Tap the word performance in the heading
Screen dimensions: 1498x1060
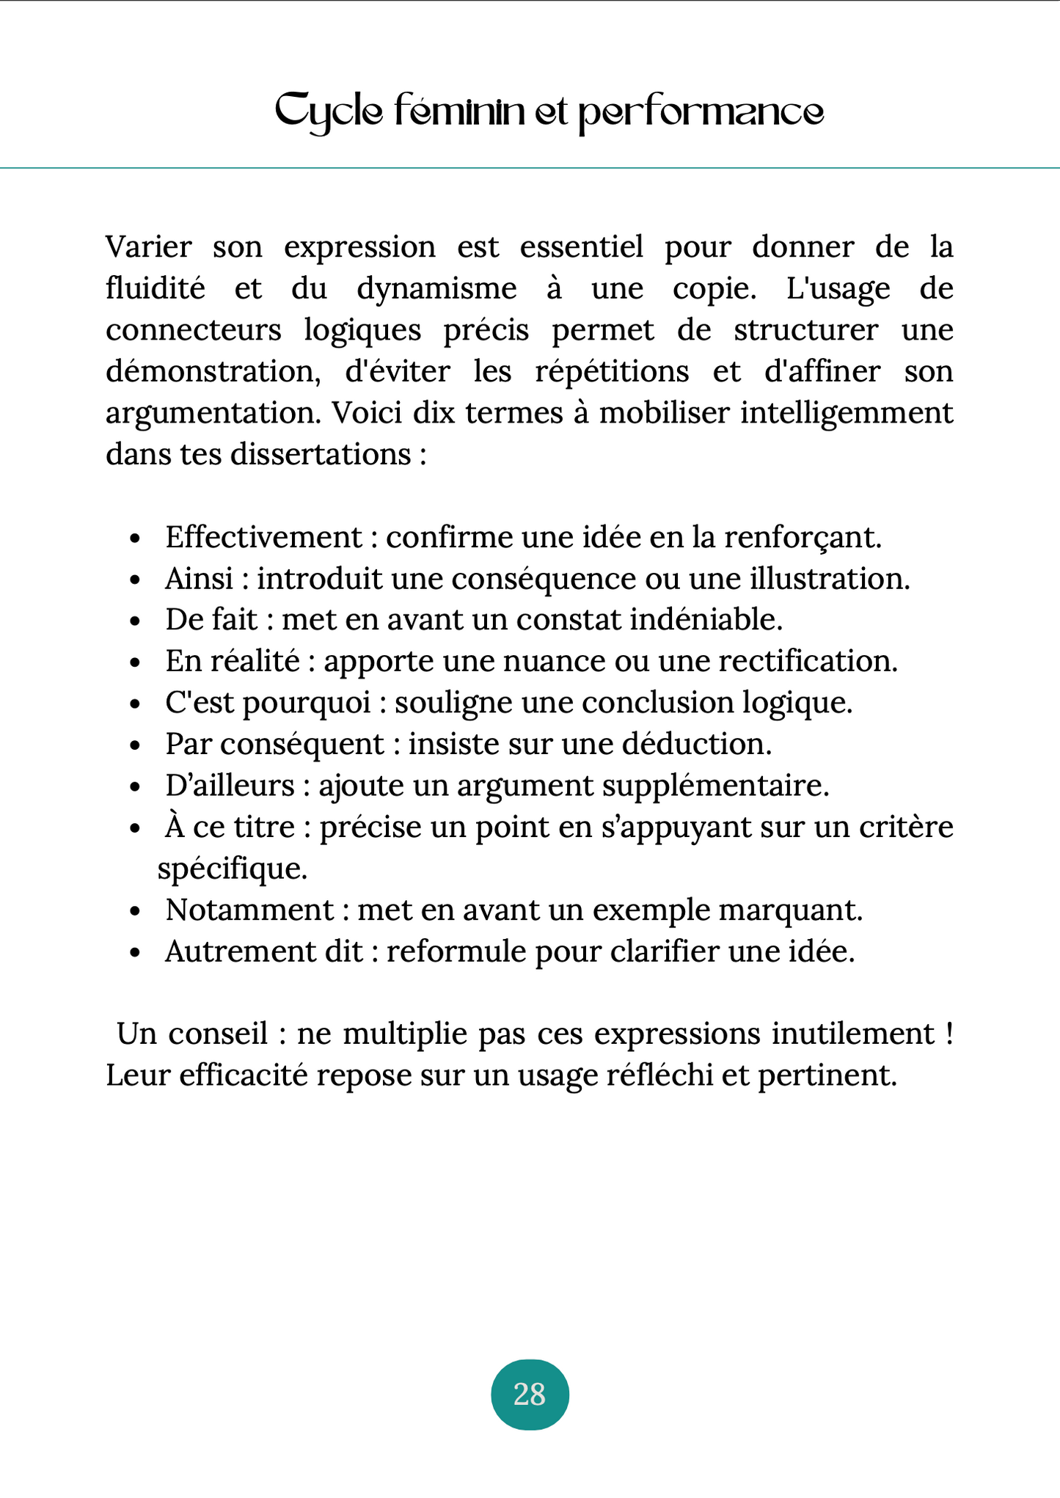[x=701, y=112]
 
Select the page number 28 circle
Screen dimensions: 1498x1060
[x=530, y=1395]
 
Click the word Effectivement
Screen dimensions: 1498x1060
[x=263, y=537]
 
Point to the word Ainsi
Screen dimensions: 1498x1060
[x=199, y=579]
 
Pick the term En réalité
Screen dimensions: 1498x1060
[x=233, y=661]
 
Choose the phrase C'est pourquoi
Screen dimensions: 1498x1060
[x=268, y=703]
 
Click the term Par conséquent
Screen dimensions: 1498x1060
[x=274, y=744]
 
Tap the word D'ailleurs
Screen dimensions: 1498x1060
[x=230, y=786]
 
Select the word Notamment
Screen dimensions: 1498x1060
[x=249, y=910]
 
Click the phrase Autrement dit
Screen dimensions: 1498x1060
[x=264, y=951]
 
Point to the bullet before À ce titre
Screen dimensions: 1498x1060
[x=135, y=829]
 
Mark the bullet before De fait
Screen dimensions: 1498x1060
[x=135, y=621]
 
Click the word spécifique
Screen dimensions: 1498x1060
[x=232, y=869]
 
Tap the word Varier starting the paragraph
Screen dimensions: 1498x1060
[x=149, y=246]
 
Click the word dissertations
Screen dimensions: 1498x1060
[x=321, y=454]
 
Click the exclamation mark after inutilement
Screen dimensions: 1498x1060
[x=949, y=1034]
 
